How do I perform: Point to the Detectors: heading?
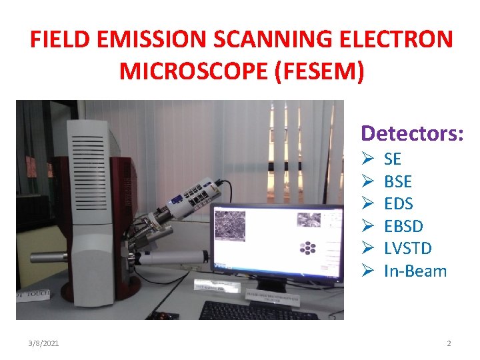pyautogui.click(x=412, y=133)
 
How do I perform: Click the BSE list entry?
pyautogui.click(x=398, y=181)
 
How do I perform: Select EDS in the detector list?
pyautogui.click(x=399, y=203)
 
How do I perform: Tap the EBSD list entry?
pyautogui.click(x=403, y=226)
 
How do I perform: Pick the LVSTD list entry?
pyautogui.click(x=408, y=248)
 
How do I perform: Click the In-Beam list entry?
pyautogui.click(x=415, y=270)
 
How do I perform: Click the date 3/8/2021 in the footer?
pyautogui.click(x=44, y=343)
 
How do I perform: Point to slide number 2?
pyautogui.click(x=449, y=343)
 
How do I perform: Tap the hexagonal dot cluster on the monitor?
pyautogui.click(x=307, y=248)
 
